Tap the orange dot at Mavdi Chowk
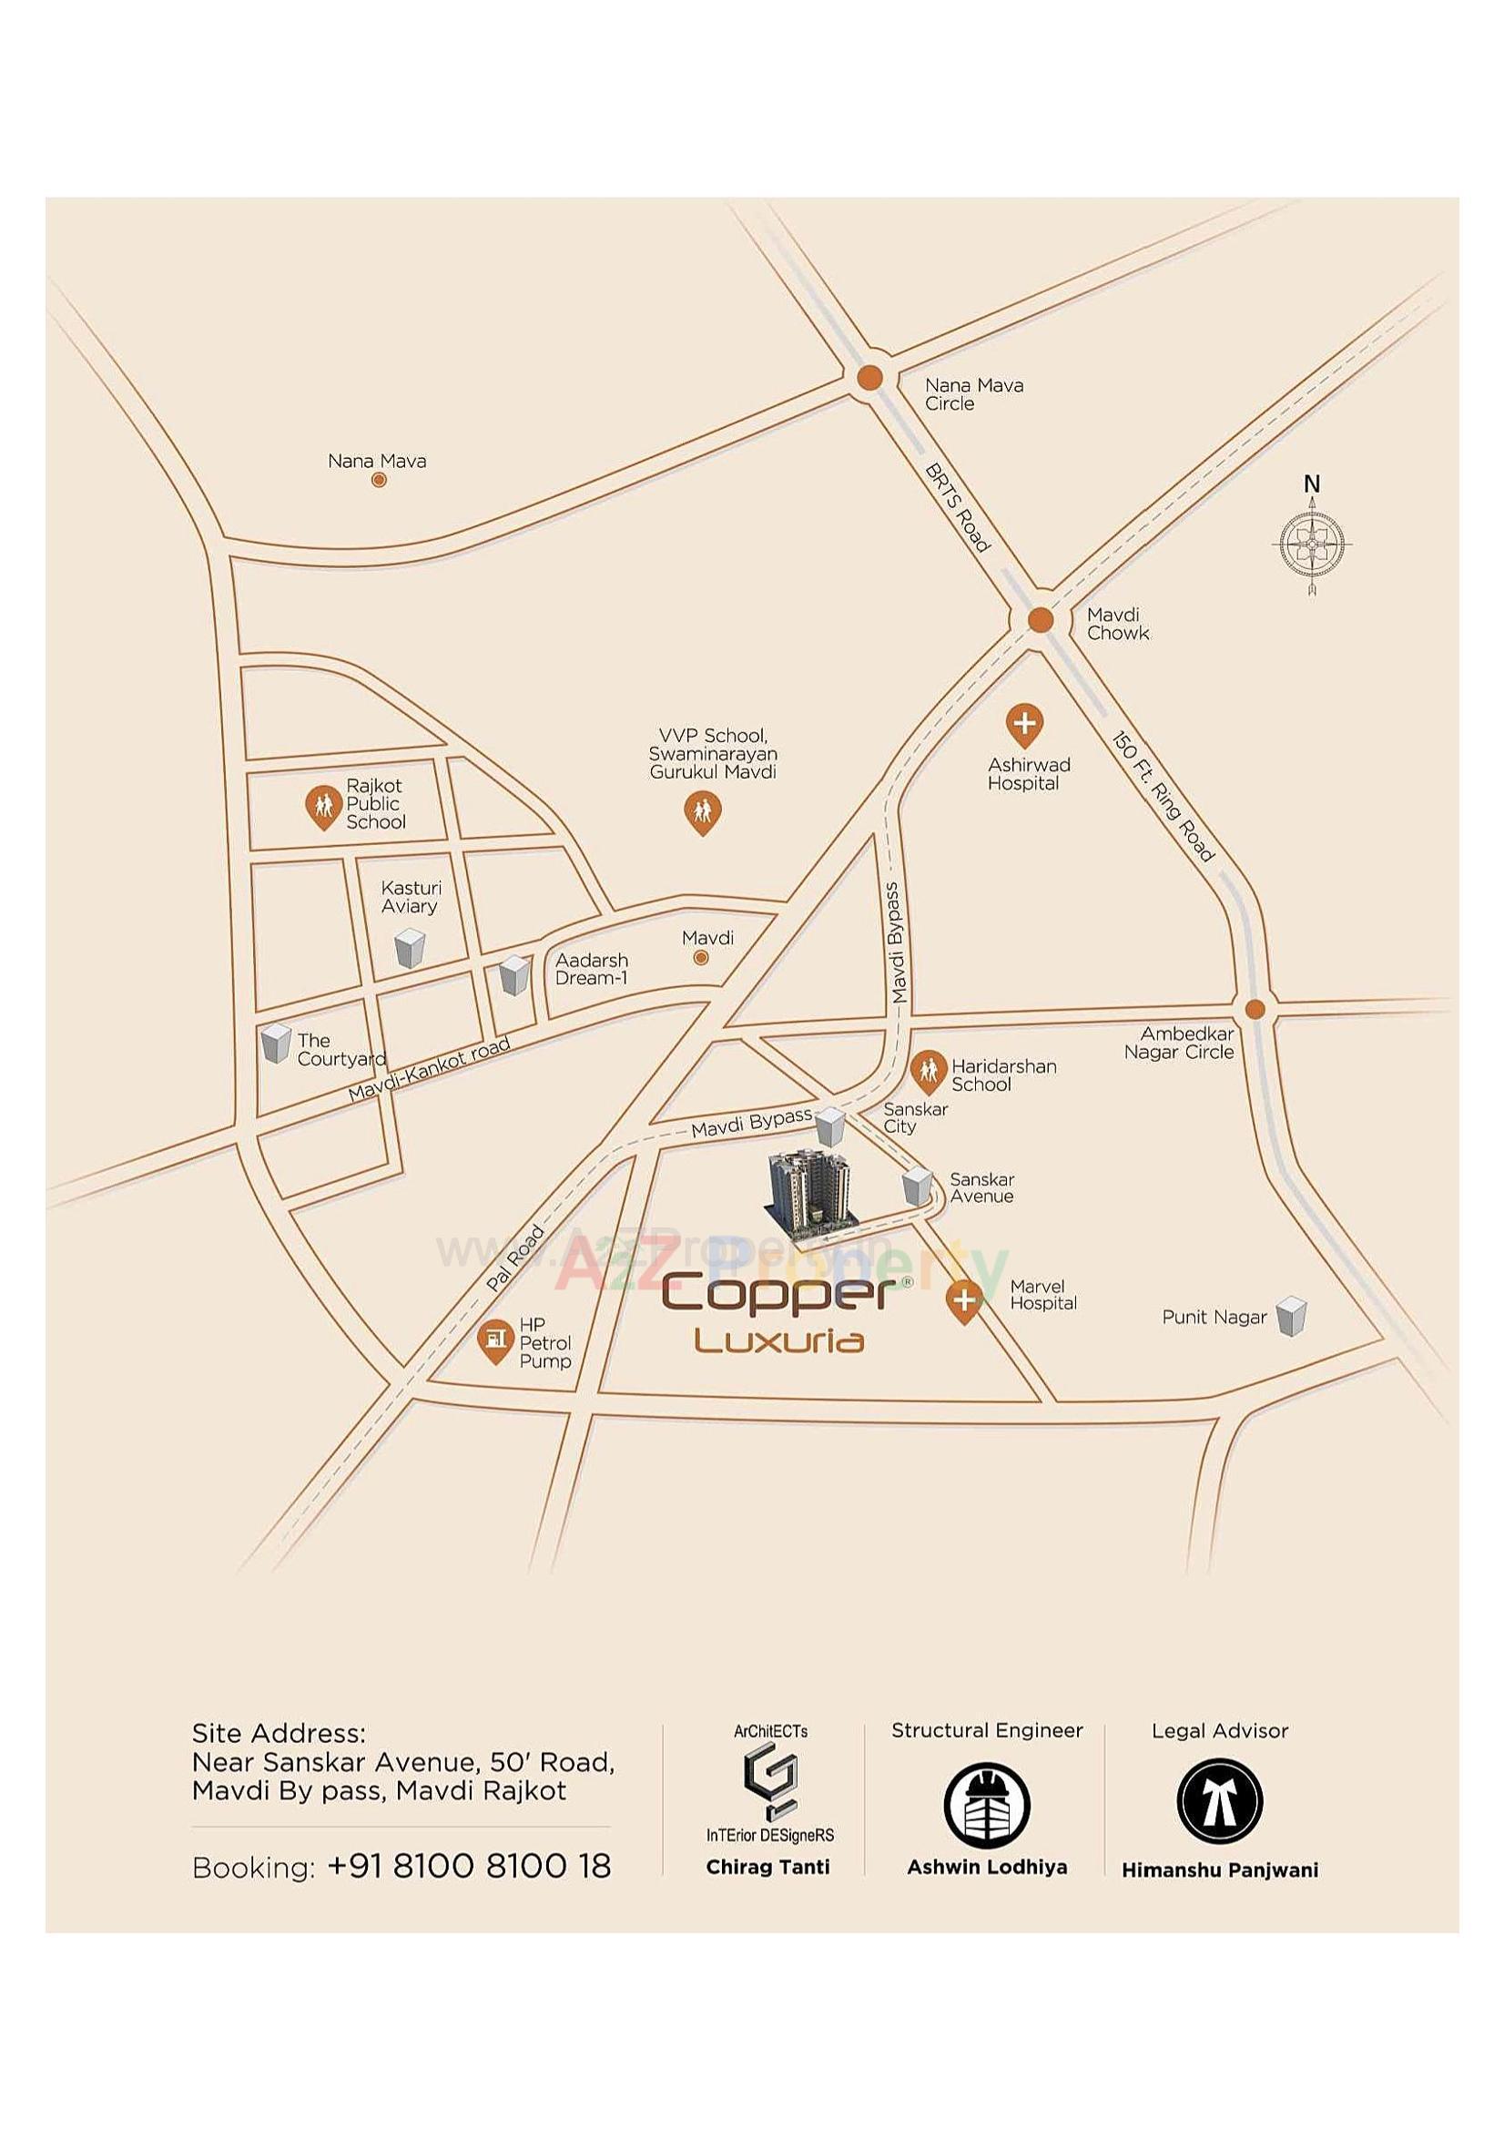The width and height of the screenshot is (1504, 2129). (x=1041, y=619)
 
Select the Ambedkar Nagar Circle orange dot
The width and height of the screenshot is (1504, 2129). (x=1254, y=1009)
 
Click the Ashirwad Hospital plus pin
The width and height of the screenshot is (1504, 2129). (x=1023, y=724)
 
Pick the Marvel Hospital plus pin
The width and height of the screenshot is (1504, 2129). (x=964, y=1300)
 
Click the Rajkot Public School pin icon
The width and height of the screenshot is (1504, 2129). (x=322, y=807)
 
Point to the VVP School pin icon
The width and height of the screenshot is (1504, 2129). (x=702, y=812)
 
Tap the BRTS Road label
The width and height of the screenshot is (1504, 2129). (x=958, y=508)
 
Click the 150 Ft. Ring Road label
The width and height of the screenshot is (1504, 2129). (x=1163, y=796)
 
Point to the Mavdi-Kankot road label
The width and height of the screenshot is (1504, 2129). (x=429, y=1069)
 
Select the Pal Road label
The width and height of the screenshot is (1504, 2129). (x=515, y=1258)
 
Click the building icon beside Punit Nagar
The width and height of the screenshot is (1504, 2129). (x=1291, y=1316)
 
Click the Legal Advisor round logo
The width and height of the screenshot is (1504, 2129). (x=1219, y=1801)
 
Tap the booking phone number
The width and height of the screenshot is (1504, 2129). (x=469, y=1866)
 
